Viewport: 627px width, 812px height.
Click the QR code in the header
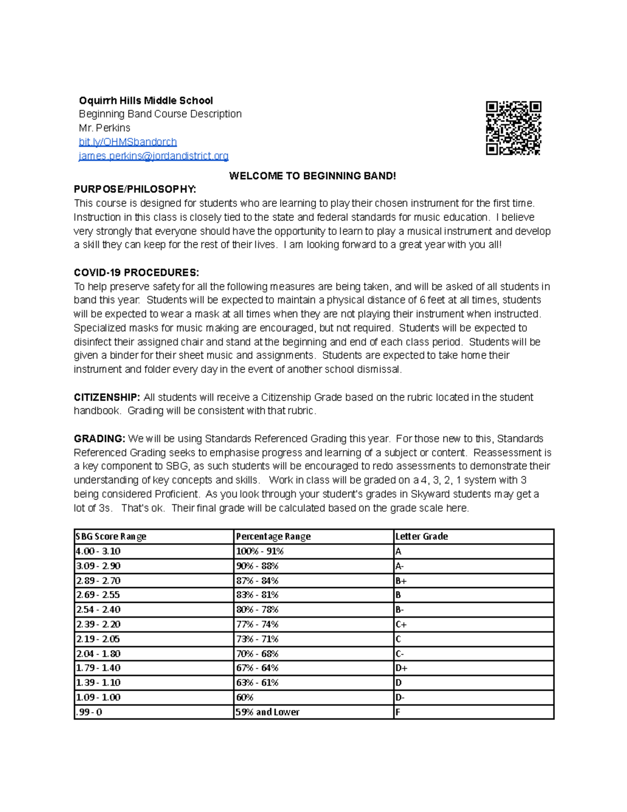coord(513,128)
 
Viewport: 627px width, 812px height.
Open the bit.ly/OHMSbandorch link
coord(127,142)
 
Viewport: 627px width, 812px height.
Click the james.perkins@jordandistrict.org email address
coord(153,156)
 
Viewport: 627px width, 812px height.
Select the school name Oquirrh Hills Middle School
coord(146,100)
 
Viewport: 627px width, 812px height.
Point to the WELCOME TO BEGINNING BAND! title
coord(312,176)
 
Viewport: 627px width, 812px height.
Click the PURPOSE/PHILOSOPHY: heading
coord(135,189)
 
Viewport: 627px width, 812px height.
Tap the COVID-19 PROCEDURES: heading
coord(136,272)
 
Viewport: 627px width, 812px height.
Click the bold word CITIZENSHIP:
coord(107,397)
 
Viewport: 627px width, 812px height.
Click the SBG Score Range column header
coord(111,536)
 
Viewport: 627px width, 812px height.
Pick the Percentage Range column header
coord(273,536)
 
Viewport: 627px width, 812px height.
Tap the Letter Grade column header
coord(422,536)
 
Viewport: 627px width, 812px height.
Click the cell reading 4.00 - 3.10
coord(98,551)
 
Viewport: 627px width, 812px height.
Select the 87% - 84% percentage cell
coord(257,580)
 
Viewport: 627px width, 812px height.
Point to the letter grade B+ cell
coord(401,580)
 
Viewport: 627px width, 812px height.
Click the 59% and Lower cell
coord(268,712)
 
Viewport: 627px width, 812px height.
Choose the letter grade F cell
coord(398,712)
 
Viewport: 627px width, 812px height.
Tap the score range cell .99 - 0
coord(89,712)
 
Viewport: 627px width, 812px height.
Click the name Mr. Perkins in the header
coord(104,128)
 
